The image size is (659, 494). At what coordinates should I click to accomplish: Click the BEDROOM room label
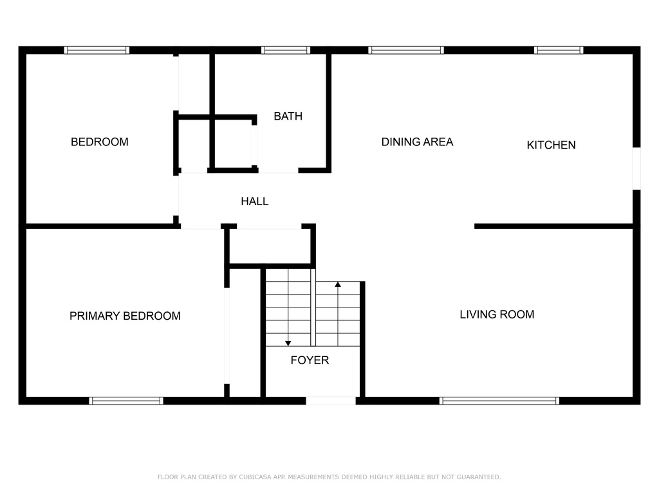(x=100, y=142)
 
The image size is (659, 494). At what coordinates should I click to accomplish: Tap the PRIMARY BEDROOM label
(x=125, y=316)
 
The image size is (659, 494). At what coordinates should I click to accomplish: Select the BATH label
(x=288, y=116)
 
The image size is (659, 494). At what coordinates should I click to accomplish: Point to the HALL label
(x=255, y=201)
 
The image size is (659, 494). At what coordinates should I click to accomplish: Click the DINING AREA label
(x=417, y=142)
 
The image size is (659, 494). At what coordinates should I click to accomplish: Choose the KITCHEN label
(x=551, y=145)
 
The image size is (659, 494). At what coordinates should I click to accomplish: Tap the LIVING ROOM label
(x=497, y=315)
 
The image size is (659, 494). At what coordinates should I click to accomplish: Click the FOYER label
(x=310, y=360)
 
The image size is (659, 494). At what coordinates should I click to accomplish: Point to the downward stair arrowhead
(x=288, y=343)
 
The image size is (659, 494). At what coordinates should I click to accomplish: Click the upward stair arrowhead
(x=338, y=284)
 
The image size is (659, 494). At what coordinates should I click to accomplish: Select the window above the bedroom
(x=97, y=50)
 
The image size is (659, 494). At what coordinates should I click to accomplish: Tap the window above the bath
(x=286, y=50)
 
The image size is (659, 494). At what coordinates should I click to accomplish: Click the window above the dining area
(x=406, y=50)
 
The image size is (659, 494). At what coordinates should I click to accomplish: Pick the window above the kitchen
(x=559, y=50)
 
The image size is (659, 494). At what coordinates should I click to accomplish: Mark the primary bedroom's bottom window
(x=126, y=401)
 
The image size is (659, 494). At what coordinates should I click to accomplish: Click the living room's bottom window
(x=499, y=401)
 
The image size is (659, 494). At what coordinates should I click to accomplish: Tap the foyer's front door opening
(x=331, y=401)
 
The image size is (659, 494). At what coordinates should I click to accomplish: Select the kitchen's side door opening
(x=636, y=169)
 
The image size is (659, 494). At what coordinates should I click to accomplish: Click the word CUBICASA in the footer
(x=255, y=477)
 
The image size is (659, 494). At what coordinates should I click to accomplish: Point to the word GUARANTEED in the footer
(x=479, y=477)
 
